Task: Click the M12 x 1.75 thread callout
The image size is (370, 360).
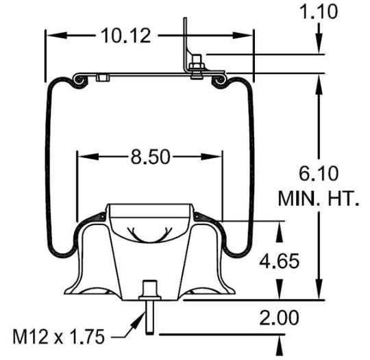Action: (x=56, y=336)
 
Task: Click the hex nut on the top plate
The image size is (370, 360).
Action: (x=197, y=66)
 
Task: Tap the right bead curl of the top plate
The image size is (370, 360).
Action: (x=221, y=81)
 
